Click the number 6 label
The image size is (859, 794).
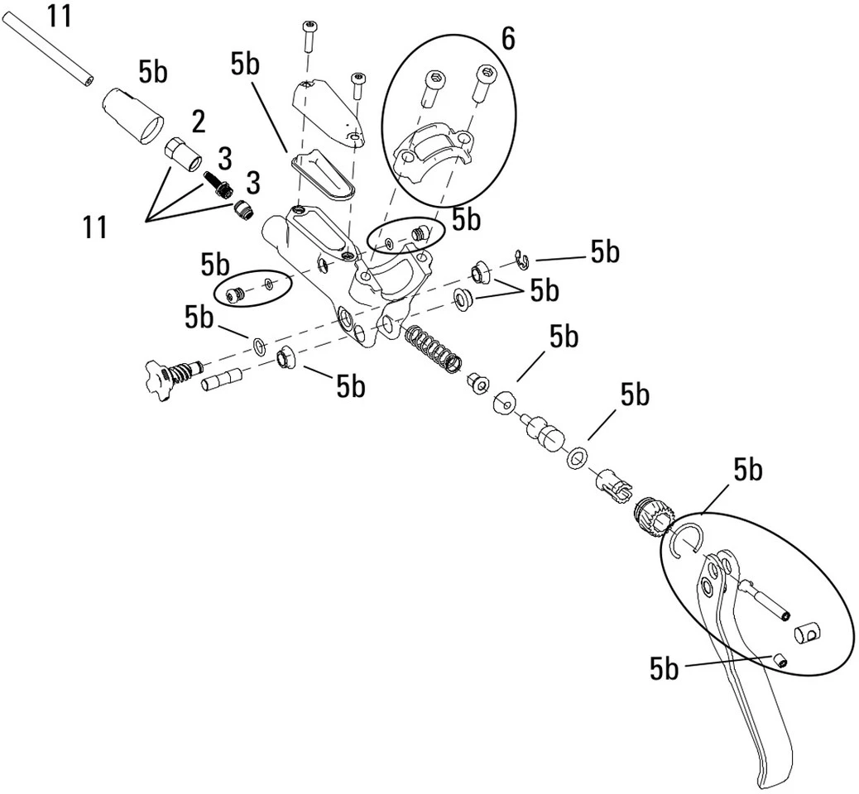pyautogui.click(x=507, y=40)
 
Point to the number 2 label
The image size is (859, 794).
pyautogui.click(x=198, y=122)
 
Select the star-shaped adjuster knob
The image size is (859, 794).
pyautogui.click(x=161, y=380)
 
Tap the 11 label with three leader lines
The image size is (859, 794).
pyautogui.click(x=95, y=226)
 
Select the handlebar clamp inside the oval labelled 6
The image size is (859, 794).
pyautogui.click(x=433, y=156)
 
